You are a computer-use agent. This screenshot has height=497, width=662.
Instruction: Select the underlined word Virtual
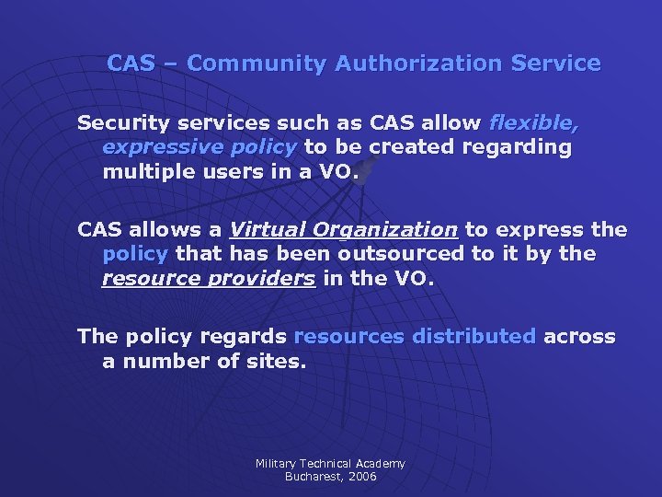click(x=268, y=229)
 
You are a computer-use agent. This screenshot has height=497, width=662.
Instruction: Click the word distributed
click(x=474, y=336)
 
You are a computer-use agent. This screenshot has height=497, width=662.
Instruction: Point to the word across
click(x=580, y=336)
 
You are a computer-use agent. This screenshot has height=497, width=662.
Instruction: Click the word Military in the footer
click(x=276, y=464)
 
